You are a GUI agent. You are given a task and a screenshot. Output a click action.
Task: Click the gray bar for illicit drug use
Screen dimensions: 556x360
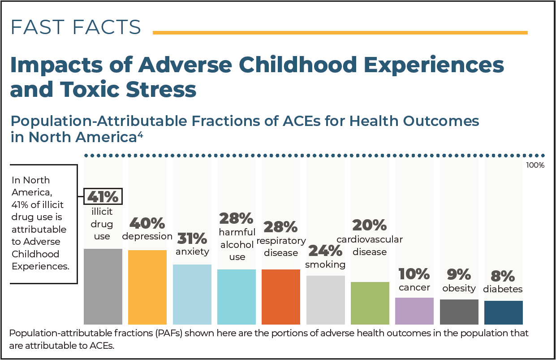pyautogui.click(x=103, y=286)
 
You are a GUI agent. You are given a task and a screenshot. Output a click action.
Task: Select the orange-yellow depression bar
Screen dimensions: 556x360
pyautogui.click(x=147, y=287)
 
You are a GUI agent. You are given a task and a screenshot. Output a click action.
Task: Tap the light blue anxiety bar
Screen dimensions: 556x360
pyautogui.click(x=192, y=295)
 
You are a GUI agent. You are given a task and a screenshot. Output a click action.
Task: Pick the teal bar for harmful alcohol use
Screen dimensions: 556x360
pyautogui.click(x=237, y=297)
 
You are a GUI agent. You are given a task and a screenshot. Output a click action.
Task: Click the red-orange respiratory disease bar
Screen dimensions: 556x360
pyautogui.click(x=281, y=297)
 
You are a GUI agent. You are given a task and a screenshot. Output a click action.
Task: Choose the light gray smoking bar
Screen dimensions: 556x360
pyautogui.click(x=326, y=300)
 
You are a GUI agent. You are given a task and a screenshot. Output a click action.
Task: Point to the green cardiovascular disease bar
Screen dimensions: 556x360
pyautogui.click(x=370, y=303)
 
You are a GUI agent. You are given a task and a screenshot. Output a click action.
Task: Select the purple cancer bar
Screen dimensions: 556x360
pyautogui.click(x=414, y=311)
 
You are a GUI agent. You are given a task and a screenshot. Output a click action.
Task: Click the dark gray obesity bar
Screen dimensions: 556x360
pyautogui.click(x=459, y=312)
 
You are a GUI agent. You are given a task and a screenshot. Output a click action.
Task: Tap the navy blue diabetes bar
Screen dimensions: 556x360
pyautogui.click(x=504, y=312)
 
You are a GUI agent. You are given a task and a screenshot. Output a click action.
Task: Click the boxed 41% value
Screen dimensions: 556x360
pyautogui.click(x=103, y=196)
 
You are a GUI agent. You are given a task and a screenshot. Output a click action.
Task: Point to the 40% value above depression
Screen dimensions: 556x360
pyautogui.click(x=147, y=223)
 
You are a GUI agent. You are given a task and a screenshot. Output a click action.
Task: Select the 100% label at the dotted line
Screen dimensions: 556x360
pyautogui.click(x=535, y=165)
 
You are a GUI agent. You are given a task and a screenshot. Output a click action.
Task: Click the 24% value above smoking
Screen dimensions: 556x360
pyautogui.click(x=325, y=251)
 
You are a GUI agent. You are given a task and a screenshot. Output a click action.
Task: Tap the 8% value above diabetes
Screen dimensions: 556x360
pyautogui.click(x=503, y=276)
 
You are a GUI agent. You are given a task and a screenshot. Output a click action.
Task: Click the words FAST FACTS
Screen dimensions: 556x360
pyautogui.click(x=76, y=27)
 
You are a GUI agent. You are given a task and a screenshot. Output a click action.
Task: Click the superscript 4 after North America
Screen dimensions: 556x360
pyautogui.click(x=140, y=134)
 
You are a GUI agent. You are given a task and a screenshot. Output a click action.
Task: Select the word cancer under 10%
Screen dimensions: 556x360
pyautogui.click(x=414, y=287)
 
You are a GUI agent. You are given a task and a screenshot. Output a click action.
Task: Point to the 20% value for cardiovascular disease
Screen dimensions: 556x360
pyautogui.click(x=370, y=225)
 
